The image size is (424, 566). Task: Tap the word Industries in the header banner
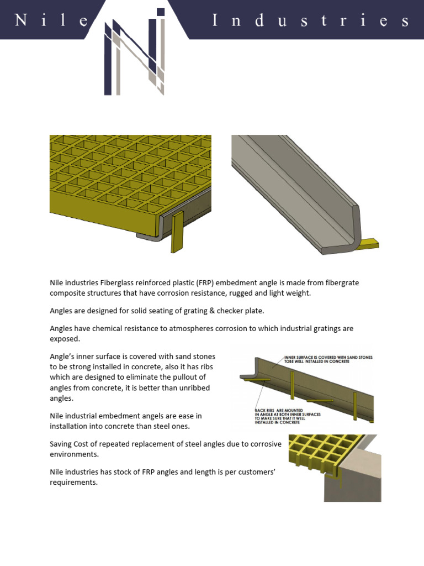coord(311,21)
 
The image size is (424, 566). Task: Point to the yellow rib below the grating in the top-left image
coord(177,233)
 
